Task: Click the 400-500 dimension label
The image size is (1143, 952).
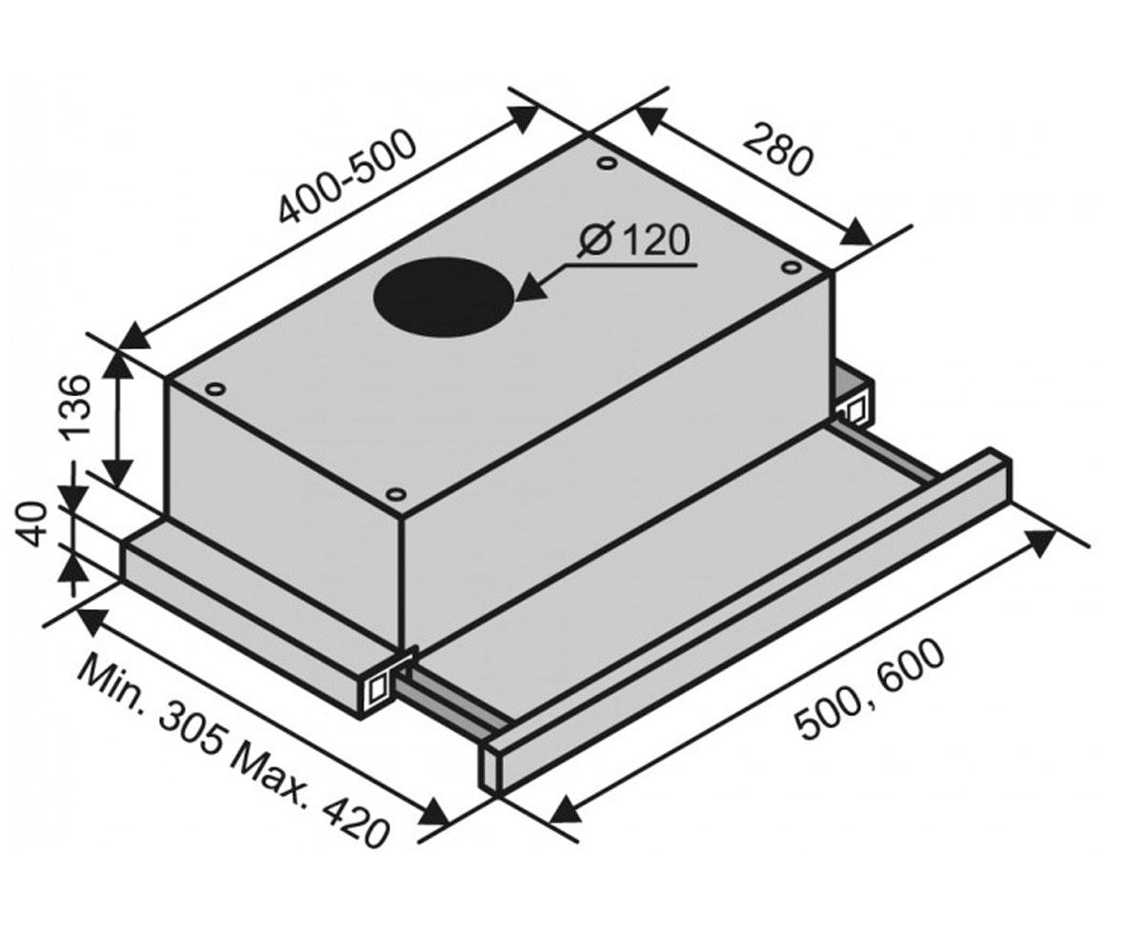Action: [x=347, y=177]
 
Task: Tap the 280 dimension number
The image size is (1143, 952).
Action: [x=778, y=149]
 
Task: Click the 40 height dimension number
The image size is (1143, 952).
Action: [x=30, y=525]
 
